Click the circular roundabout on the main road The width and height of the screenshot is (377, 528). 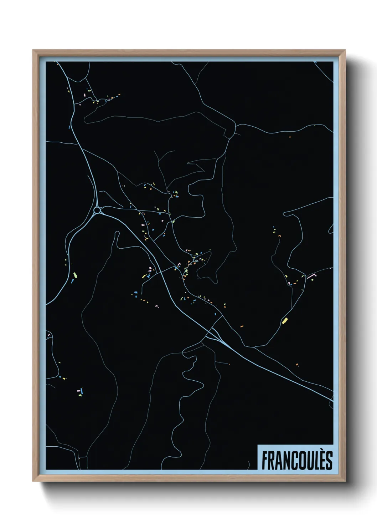97,210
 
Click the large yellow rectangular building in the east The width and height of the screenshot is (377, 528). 285,320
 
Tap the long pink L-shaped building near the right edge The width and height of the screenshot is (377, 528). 312,275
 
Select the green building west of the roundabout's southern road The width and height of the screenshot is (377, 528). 75,275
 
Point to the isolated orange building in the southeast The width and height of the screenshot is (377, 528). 296,364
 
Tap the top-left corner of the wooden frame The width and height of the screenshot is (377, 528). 34,51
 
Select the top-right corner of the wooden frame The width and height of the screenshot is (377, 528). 345,51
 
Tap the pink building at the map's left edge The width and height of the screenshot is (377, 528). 48,335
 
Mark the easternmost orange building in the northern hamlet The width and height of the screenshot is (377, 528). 119,94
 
